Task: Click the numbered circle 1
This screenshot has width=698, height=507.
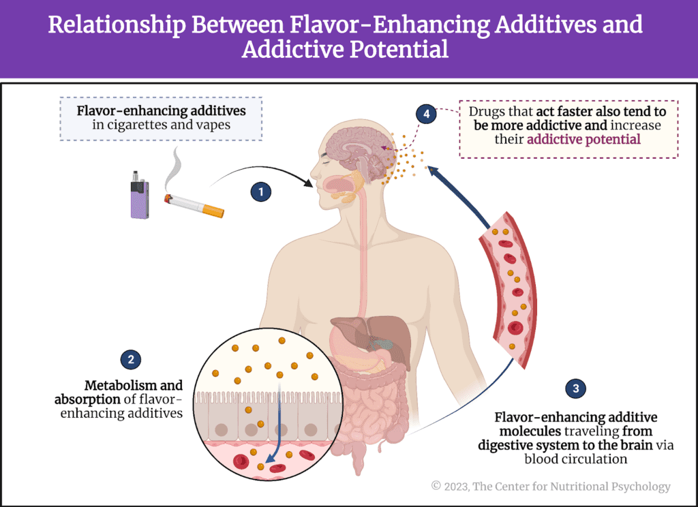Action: coord(260,192)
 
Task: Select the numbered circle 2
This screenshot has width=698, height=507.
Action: coord(130,358)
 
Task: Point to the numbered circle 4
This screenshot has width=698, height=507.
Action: coord(427,114)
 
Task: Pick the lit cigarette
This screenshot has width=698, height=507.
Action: coord(194,204)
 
